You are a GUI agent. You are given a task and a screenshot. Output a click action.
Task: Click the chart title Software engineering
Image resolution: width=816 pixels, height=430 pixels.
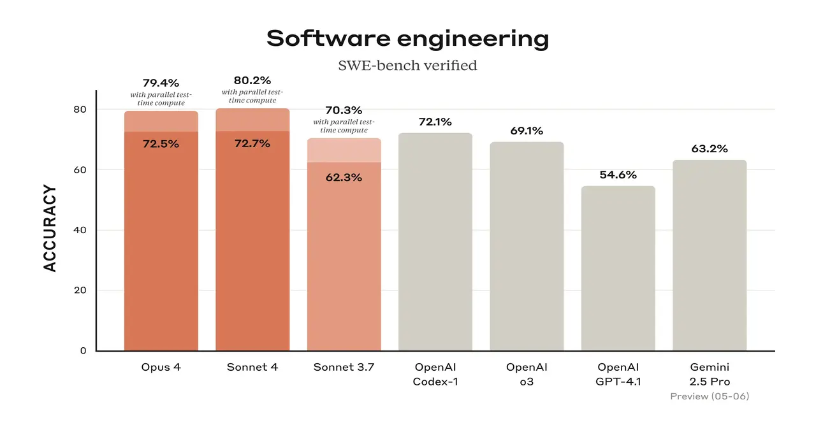(x=407, y=39)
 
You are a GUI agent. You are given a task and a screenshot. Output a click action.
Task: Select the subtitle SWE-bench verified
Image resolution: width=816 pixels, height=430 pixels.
(x=407, y=65)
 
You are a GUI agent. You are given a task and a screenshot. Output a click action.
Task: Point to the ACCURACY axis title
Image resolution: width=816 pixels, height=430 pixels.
(x=50, y=229)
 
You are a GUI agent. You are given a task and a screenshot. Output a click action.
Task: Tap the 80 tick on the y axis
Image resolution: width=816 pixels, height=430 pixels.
(x=80, y=110)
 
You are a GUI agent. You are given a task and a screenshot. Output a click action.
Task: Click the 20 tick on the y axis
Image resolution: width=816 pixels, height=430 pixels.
(x=80, y=290)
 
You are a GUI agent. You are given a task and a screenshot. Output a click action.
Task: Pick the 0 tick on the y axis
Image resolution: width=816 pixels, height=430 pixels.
(x=83, y=350)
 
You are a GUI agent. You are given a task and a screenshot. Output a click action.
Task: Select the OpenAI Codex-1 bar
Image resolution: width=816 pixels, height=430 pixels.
(x=435, y=242)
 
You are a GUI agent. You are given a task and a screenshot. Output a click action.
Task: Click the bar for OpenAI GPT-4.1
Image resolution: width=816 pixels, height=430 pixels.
(x=618, y=268)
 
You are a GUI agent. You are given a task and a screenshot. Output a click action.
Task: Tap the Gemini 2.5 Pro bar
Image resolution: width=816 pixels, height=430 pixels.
(x=710, y=255)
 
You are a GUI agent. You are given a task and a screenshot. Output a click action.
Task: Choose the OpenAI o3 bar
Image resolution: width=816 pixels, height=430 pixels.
(x=527, y=246)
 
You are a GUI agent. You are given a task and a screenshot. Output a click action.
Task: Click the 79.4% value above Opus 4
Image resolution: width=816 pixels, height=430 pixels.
(x=161, y=83)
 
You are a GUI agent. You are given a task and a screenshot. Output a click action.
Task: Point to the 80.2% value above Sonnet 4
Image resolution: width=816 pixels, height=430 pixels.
(x=252, y=80)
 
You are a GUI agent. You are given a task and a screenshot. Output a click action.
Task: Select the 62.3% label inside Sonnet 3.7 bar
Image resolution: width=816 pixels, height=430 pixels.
(x=344, y=178)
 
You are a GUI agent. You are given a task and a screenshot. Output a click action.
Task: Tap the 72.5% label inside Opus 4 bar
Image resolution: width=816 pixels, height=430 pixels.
(x=161, y=144)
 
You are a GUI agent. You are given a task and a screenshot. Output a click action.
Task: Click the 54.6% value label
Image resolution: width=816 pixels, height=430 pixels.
(x=618, y=175)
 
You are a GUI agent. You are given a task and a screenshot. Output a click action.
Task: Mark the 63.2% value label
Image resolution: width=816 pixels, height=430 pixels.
(x=710, y=149)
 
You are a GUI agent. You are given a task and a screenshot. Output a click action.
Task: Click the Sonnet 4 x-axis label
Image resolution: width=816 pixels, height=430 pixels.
(x=252, y=368)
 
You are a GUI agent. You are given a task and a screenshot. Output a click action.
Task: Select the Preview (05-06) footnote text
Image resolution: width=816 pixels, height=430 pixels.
(x=710, y=396)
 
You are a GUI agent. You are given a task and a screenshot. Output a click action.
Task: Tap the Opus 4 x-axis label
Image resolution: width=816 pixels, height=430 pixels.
(x=161, y=368)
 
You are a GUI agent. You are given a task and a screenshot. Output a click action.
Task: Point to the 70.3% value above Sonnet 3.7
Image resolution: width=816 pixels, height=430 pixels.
(x=344, y=110)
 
